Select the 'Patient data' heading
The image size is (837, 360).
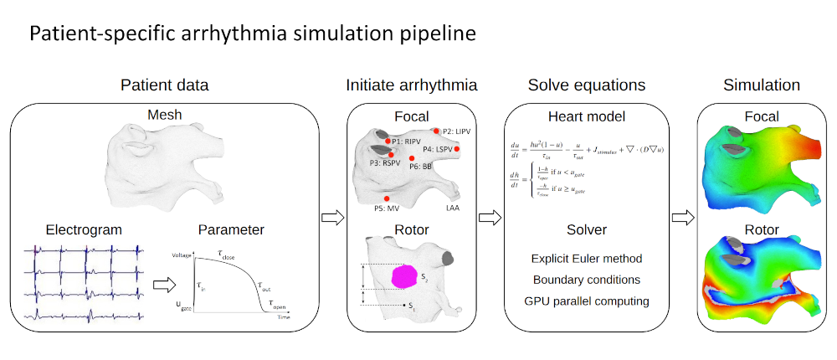pyautogui.click(x=165, y=85)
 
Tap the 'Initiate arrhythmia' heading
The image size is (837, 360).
pyautogui.click(x=412, y=85)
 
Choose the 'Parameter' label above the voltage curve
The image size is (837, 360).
pyautogui.click(x=231, y=229)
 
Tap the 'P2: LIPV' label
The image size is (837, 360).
pyautogui.click(x=458, y=131)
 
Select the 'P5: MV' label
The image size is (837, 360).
pyautogui.click(x=387, y=207)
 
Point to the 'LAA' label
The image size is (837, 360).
pyautogui.click(x=452, y=207)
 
